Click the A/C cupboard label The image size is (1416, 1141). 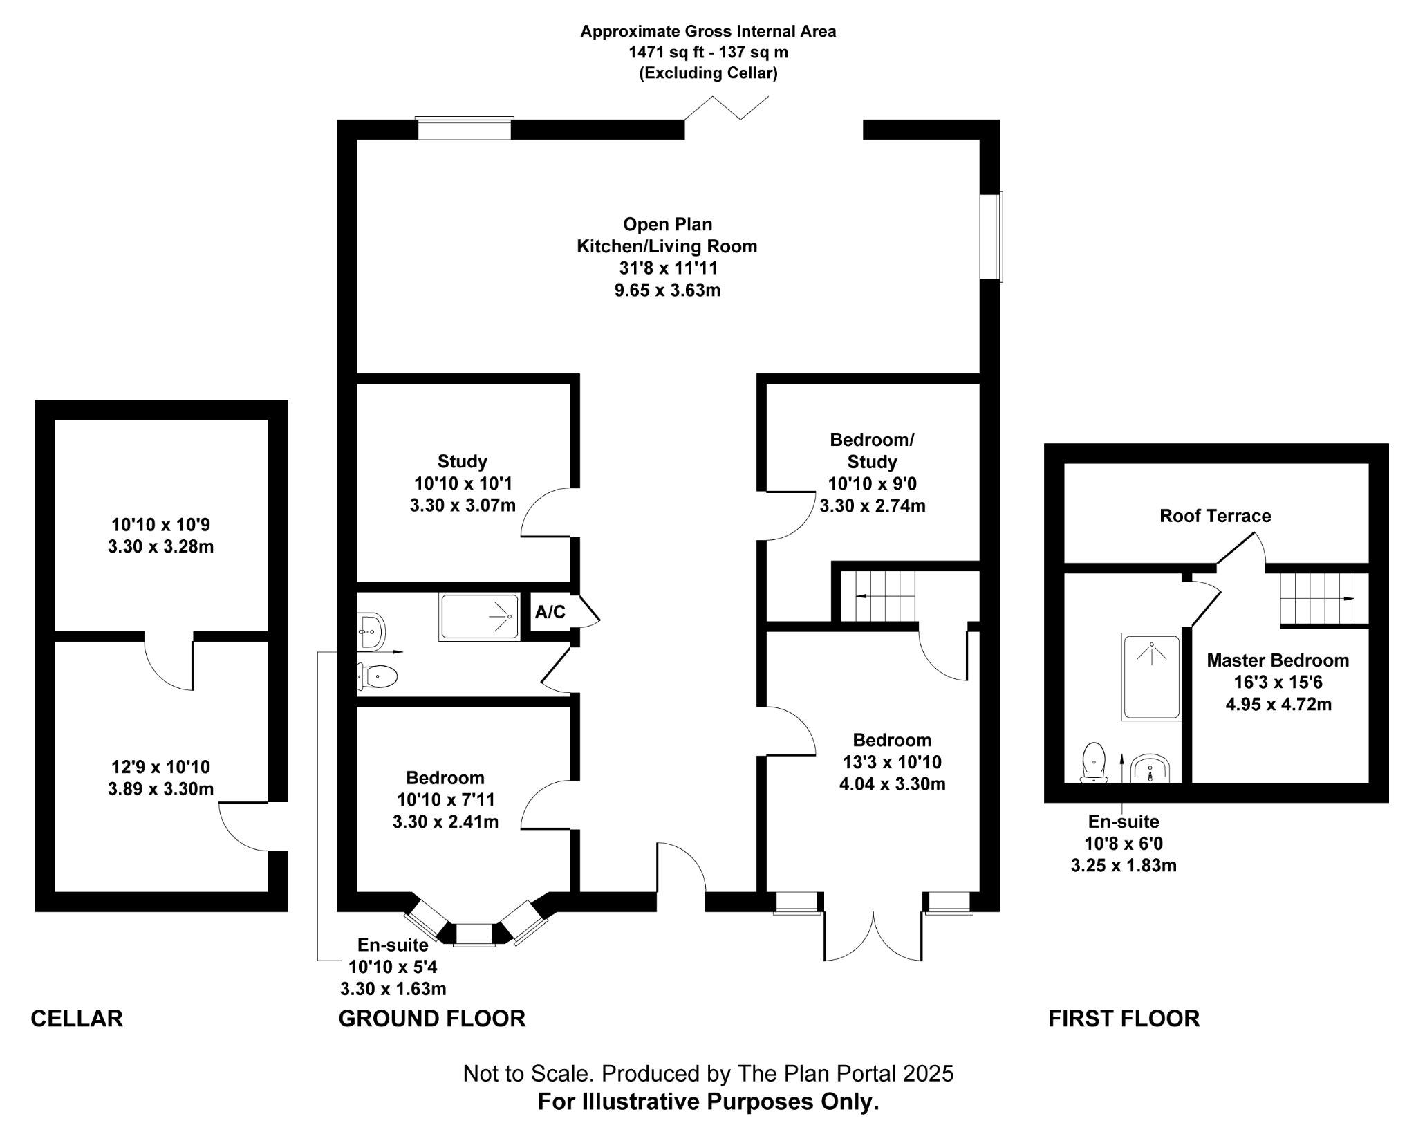click(550, 612)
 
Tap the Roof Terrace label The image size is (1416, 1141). click(1215, 516)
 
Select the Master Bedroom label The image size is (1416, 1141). click(1278, 660)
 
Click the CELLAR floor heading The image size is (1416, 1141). click(77, 1019)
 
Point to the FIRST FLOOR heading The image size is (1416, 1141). click(1124, 1019)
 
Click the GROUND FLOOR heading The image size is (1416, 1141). click(432, 1019)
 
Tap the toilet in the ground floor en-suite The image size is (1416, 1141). click(377, 676)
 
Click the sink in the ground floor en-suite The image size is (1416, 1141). click(371, 631)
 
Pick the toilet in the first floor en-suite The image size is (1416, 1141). click(1094, 763)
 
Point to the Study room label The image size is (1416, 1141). click(463, 461)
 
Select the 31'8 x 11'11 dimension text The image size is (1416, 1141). click(668, 268)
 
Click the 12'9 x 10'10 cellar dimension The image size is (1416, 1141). click(160, 767)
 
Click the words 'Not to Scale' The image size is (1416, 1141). click(528, 1074)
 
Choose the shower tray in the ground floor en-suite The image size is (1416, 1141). click(479, 617)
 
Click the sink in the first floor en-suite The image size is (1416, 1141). click(1150, 768)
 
